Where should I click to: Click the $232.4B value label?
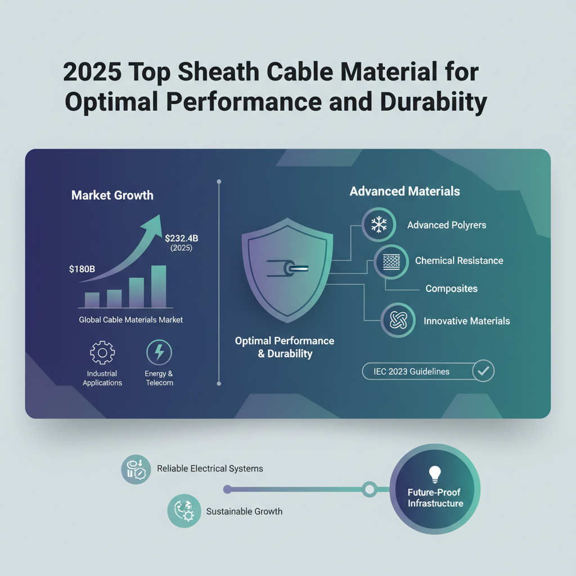(x=182, y=238)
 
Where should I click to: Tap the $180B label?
(x=82, y=269)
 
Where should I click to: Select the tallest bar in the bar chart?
(x=159, y=286)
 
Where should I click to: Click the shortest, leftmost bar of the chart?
(x=92, y=300)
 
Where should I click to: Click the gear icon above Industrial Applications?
(x=102, y=353)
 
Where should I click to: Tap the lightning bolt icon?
(x=159, y=353)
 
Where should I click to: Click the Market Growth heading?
(x=112, y=196)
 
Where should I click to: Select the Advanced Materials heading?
(x=404, y=191)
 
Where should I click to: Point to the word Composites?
(x=451, y=289)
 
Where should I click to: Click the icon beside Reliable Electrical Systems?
(x=136, y=469)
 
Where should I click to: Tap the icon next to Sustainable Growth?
(x=184, y=510)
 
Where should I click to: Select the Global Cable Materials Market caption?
(x=131, y=319)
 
